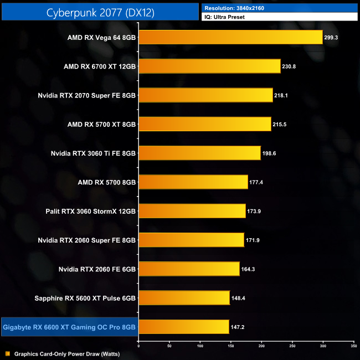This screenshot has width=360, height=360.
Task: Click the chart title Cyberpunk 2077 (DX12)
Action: click(100, 11)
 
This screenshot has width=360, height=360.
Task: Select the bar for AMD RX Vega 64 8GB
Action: click(230, 37)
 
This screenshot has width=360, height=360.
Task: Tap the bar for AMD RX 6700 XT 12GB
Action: click(209, 66)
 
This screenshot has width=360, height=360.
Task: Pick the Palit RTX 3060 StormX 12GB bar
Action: click(192, 211)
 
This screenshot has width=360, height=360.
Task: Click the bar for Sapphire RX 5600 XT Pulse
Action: click(184, 298)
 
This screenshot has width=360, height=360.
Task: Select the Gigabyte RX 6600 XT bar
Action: click(183, 327)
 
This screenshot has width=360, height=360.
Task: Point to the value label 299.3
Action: click(333, 38)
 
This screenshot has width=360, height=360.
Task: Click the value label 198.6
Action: click(271, 153)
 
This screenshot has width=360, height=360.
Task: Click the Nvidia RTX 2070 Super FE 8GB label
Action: click(86, 95)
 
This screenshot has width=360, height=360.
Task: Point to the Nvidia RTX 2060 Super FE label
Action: click(86, 240)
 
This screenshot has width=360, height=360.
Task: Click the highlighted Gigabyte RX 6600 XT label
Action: click(69, 327)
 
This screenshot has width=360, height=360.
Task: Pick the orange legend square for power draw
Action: click(8, 353)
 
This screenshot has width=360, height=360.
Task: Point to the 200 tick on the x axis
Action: click(261, 345)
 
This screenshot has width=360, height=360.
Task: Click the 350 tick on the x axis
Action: click(353, 345)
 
